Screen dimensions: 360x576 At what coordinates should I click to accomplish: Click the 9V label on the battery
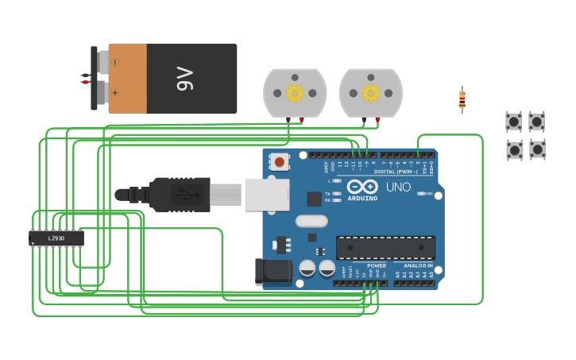(184, 79)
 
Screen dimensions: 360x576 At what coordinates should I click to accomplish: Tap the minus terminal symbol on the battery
(115, 62)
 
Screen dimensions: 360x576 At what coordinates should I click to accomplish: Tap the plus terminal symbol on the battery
(115, 93)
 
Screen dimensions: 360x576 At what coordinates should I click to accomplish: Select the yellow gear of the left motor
(295, 93)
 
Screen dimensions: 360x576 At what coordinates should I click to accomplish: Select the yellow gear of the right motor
(371, 93)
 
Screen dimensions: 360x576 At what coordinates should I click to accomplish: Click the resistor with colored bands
(462, 99)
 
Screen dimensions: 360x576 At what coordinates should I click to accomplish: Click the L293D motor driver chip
(56, 238)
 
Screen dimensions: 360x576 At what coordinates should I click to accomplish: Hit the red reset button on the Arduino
(279, 162)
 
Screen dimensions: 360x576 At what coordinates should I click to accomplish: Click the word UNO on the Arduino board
(398, 188)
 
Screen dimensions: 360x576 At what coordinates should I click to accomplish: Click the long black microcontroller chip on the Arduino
(385, 247)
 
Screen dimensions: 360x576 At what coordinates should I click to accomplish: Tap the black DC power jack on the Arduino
(272, 271)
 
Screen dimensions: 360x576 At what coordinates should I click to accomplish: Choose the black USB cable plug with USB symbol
(180, 195)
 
